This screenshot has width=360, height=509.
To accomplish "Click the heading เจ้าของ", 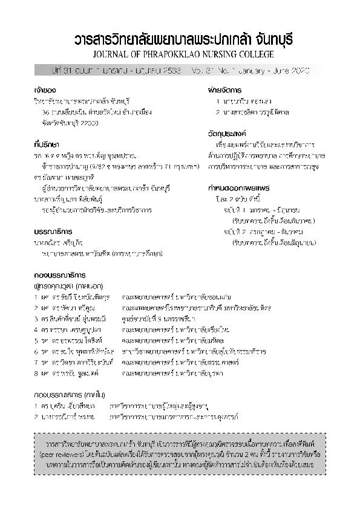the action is click(x=46, y=89).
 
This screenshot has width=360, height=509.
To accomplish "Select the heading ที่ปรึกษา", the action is click(x=47, y=145).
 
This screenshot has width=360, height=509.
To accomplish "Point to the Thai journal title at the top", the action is click(x=180, y=40).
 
